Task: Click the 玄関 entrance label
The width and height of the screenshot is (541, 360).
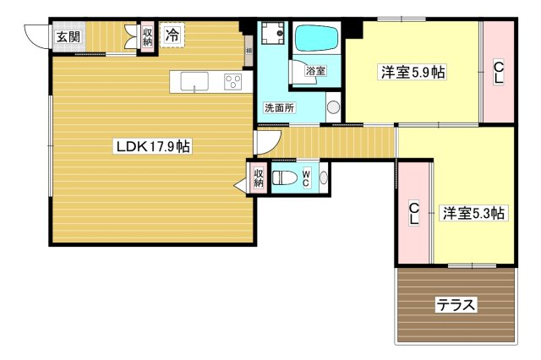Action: [68, 36]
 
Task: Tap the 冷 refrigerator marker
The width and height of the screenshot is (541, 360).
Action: [172, 35]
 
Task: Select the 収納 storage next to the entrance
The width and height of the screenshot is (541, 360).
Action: [147, 36]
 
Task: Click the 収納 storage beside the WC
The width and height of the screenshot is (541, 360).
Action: [259, 177]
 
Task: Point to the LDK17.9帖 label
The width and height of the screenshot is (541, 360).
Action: [153, 147]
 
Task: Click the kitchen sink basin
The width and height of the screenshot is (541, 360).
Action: [194, 81]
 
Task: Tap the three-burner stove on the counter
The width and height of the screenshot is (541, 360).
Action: [233, 82]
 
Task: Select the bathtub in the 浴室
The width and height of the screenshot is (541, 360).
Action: [316, 38]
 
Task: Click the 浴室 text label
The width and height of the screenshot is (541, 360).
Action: [315, 71]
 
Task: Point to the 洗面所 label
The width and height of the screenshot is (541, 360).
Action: [279, 108]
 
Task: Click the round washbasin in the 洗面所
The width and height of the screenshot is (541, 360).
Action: [333, 107]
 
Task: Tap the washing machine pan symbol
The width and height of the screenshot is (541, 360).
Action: [272, 33]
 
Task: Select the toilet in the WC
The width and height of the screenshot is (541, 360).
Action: [285, 178]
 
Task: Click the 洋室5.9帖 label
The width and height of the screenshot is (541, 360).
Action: [413, 73]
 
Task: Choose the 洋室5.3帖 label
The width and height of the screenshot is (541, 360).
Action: [473, 213]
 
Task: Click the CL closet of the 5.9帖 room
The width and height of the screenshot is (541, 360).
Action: [498, 72]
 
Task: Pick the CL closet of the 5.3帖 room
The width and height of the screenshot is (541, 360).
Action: [413, 214]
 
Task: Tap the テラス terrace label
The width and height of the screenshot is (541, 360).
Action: [456, 305]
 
